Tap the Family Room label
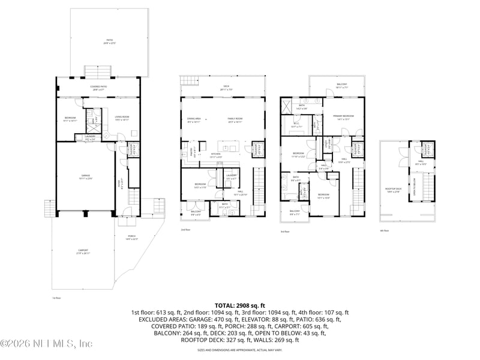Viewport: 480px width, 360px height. point(235,120)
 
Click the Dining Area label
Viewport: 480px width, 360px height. point(194,120)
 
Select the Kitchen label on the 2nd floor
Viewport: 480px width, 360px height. point(215,155)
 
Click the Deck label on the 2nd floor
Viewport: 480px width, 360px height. point(226,88)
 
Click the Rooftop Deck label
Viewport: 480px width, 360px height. point(393,190)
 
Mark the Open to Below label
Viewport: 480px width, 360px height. point(413,185)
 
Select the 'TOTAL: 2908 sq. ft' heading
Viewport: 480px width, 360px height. point(239,306)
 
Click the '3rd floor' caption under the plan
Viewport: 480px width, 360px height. point(284,232)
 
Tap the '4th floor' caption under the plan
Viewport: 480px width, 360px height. point(384,230)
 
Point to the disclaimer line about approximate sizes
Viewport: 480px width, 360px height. point(239,349)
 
